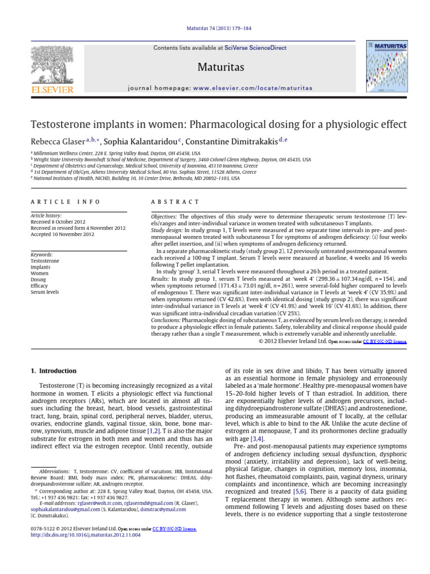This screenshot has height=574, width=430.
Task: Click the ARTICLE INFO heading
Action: (x=66, y=202)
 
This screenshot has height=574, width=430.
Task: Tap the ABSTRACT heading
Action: (x=175, y=202)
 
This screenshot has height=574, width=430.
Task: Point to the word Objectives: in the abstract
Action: (x=166, y=216)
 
